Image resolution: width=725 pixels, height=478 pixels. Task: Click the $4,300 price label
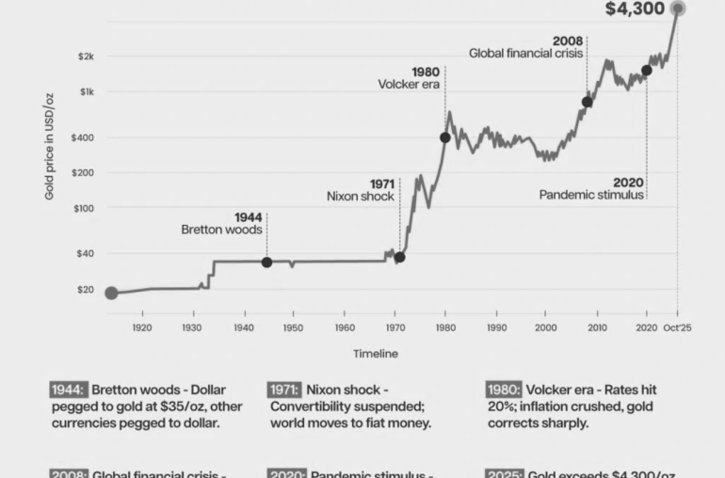point(635,9)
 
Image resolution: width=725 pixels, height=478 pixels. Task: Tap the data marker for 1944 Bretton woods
point(266,263)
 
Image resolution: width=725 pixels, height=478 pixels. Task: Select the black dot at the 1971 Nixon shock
point(399,257)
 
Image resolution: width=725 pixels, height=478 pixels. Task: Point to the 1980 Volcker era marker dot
point(445,137)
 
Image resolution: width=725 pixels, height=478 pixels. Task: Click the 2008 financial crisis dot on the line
point(587,102)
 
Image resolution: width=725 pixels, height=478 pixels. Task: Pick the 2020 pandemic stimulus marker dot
point(646,71)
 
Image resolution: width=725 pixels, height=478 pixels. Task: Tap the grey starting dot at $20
point(111,293)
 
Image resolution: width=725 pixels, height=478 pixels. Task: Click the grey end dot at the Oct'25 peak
point(677,8)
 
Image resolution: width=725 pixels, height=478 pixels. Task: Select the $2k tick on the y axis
point(86,56)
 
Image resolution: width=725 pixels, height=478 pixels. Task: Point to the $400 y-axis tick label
point(83,137)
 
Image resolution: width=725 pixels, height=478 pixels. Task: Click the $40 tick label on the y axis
point(85,253)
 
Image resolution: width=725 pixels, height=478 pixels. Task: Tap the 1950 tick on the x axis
point(293,327)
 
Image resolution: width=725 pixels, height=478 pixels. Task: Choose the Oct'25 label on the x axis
point(677,327)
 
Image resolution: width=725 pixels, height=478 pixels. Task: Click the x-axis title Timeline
point(376,354)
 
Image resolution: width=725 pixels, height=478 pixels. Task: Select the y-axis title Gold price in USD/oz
point(49,146)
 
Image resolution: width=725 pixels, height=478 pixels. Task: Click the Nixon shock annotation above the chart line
point(361,197)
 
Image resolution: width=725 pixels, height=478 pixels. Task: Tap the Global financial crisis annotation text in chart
point(526,54)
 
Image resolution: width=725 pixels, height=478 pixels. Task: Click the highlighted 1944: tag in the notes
point(66,390)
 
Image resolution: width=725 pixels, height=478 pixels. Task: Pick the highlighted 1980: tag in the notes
point(504,390)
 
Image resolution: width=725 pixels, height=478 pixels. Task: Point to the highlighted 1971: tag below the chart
point(284,390)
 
